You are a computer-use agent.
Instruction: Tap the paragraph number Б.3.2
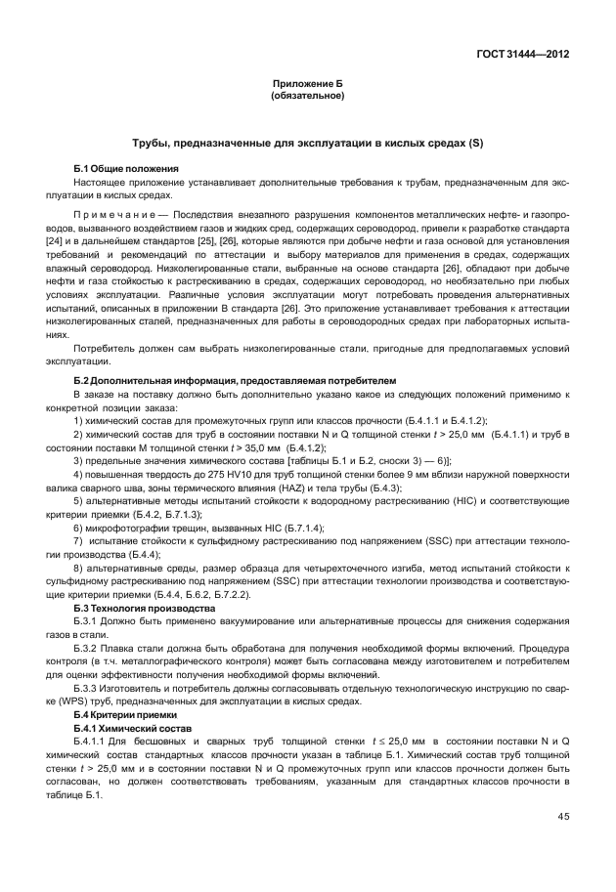(88, 648)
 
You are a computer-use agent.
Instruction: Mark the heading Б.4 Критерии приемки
(125, 715)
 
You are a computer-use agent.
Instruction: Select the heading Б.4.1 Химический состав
(130, 729)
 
